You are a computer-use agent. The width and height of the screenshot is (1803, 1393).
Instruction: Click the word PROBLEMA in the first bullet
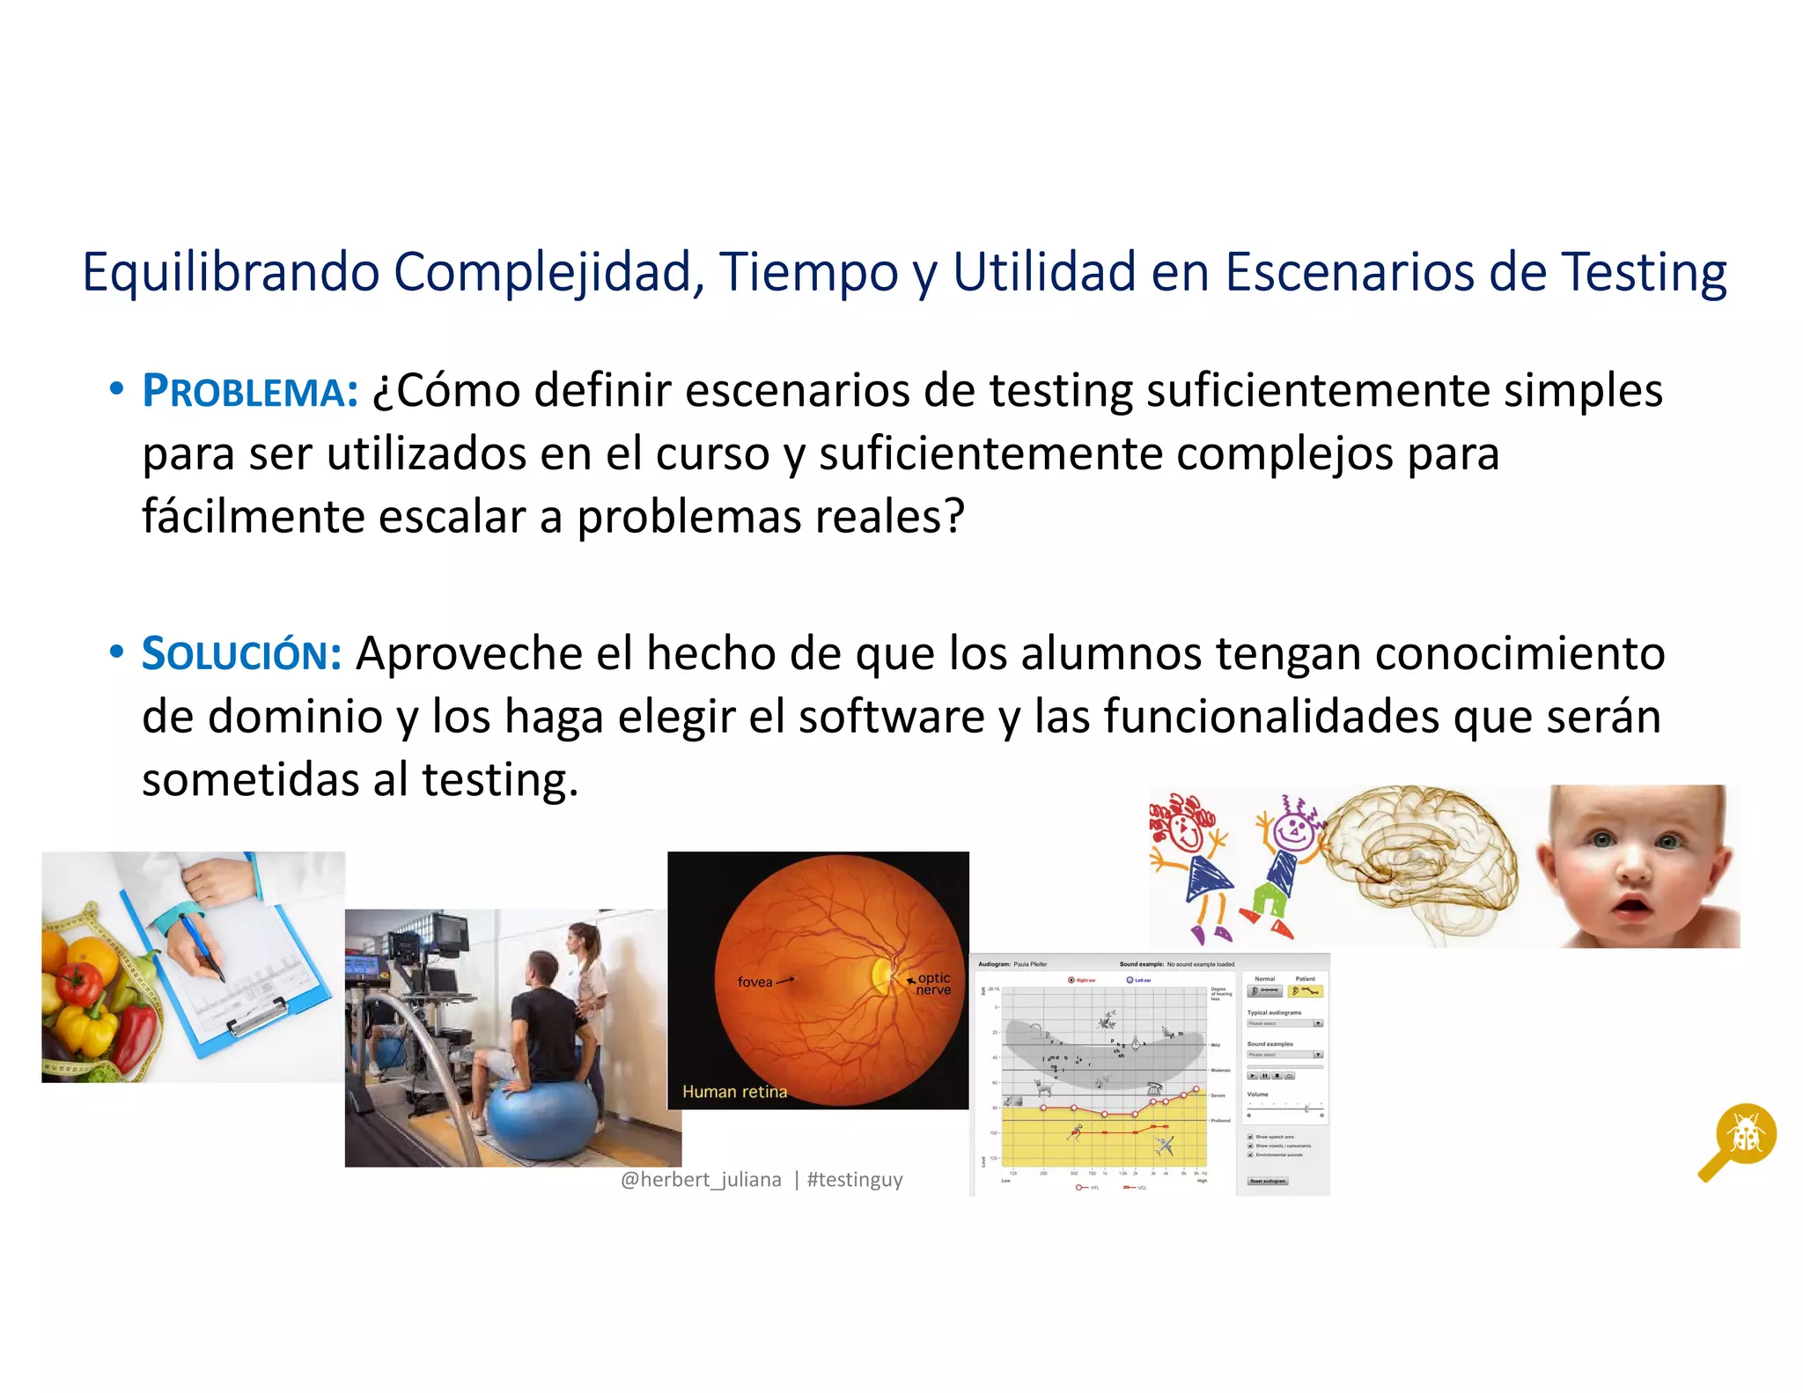[x=249, y=392]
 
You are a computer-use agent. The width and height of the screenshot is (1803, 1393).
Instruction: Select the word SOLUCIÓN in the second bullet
[x=241, y=654]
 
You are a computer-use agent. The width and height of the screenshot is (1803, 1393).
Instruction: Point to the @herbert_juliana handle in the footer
[x=701, y=1179]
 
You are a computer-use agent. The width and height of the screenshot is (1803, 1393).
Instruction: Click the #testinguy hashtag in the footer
[x=855, y=1179]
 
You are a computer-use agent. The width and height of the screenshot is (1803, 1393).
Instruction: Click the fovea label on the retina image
[x=754, y=982]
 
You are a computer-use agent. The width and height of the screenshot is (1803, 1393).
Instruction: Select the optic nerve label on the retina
[x=933, y=984]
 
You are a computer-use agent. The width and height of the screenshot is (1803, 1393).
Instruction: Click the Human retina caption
[x=734, y=1092]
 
